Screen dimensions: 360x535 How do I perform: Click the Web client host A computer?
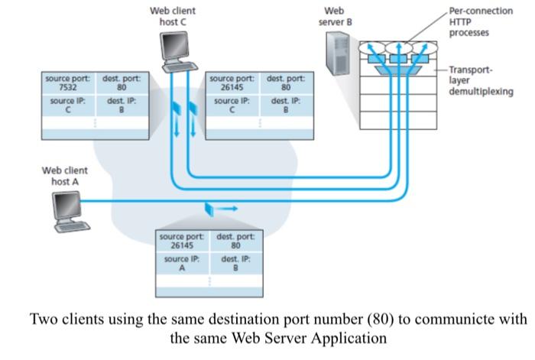71,209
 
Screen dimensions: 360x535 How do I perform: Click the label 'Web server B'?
335,17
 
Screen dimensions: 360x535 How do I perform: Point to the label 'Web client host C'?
173,17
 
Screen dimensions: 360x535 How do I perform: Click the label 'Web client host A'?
65,176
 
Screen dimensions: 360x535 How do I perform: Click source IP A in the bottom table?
182,264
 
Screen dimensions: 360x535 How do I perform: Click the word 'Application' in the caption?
343,336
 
